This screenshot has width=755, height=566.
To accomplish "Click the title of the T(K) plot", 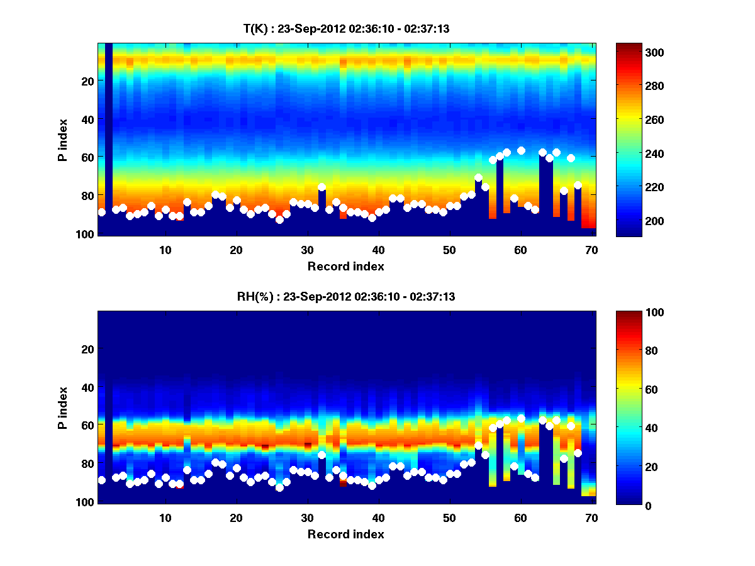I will (346, 28).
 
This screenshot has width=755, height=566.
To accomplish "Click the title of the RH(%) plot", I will (346, 297).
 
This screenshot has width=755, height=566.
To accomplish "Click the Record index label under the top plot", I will (346, 266).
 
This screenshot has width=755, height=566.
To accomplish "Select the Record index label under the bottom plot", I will (346, 534).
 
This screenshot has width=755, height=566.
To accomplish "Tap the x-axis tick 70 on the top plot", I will (591, 250).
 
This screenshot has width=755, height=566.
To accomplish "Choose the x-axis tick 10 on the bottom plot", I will (165, 518).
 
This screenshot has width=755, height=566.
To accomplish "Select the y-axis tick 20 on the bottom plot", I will (87, 349).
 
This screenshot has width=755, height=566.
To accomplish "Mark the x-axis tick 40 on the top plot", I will (379, 250).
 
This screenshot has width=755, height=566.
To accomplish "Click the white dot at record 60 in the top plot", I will (521, 150).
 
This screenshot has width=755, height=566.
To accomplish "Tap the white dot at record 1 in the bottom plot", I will (102, 480).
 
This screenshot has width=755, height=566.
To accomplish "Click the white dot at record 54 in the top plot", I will (478, 178).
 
